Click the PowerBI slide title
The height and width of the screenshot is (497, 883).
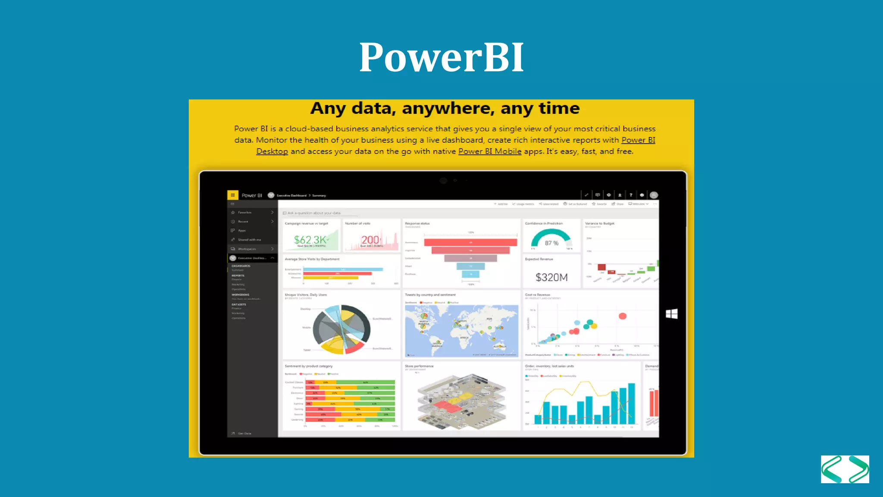(441, 57)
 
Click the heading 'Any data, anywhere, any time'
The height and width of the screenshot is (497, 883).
(445, 108)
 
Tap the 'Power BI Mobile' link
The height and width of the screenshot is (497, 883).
(489, 151)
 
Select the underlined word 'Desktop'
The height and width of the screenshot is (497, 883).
(272, 151)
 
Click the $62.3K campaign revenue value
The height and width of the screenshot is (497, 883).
(310, 240)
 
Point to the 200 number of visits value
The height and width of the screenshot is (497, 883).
(370, 240)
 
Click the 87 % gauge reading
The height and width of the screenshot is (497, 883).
(551, 243)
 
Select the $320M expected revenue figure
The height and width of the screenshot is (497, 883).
(551, 277)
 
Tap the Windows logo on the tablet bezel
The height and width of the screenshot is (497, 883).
(671, 314)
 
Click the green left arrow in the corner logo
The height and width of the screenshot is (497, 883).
(831, 469)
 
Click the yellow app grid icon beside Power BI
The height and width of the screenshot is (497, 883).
(232, 195)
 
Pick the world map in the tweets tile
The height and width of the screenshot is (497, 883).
(461, 331)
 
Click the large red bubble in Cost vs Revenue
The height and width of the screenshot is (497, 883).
(622, 316)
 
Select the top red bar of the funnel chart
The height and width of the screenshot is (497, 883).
(470, 242)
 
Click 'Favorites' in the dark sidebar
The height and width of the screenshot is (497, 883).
(244, 212)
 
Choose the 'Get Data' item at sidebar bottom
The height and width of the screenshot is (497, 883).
(244, 433)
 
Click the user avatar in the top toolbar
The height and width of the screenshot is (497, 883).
(654, 195)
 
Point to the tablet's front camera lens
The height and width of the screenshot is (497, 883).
(443, 180)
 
